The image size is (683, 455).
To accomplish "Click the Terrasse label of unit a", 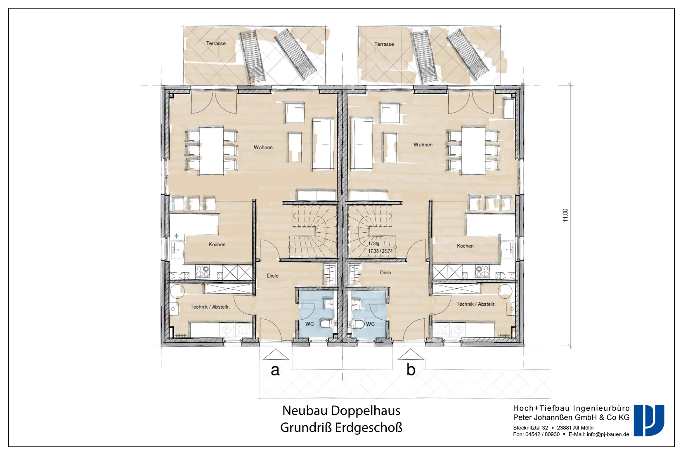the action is [216, 44].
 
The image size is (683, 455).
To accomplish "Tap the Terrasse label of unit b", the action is [384, 44].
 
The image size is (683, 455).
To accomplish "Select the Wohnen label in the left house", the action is [263, 148].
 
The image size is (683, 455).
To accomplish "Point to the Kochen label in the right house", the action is [465, 246].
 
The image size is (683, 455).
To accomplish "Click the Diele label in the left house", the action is [273, 276].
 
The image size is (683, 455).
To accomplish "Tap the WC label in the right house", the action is [371, 324].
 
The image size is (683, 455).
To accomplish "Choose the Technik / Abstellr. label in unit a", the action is [210, 307].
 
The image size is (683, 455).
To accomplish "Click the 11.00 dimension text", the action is [566, 215].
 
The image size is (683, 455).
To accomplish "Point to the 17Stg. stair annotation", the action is [374, 244].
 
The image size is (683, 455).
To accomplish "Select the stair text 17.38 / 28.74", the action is [380, 251].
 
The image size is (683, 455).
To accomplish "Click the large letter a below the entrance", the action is [275, 370].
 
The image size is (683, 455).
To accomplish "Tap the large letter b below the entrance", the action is [411, 369].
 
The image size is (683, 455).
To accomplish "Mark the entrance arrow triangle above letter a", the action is [276, 354].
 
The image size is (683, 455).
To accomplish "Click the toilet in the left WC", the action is [326, 324].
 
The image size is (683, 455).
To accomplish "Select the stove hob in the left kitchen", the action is [203, 271].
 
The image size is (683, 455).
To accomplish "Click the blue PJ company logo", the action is [649, 420].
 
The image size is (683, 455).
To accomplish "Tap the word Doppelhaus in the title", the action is [366, 411].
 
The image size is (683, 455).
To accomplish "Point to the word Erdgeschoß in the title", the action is [369, 428].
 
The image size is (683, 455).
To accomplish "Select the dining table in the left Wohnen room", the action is [212, 151].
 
